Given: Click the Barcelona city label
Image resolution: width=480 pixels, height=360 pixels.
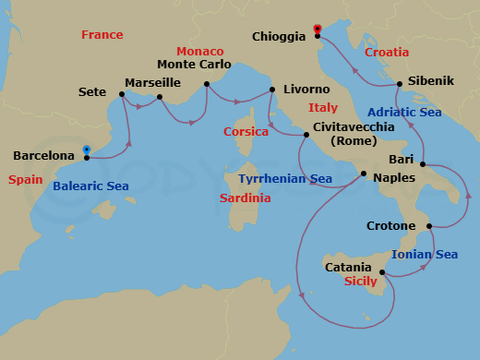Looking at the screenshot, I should (x=43, y=156).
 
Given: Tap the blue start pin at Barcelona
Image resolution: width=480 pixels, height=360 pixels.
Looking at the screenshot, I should (x=86, y=149).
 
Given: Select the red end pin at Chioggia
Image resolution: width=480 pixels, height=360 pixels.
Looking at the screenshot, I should (x=317, y=29).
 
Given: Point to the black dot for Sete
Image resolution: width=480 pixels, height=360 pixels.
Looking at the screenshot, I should (x=122, y=93).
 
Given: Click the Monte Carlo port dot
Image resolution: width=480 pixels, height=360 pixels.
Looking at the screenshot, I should (x=207, y=84).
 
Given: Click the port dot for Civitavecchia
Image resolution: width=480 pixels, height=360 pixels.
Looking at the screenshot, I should (x=306, y=136).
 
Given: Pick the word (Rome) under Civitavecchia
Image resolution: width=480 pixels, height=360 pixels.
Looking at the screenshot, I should (x=346, y=141).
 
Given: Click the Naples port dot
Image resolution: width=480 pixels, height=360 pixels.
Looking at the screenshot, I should (x=364, y=174).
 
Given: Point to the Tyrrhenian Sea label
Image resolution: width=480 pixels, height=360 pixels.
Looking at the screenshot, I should (x=285, y=178).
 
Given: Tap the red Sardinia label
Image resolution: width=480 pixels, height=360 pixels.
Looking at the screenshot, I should (x=246, y=198).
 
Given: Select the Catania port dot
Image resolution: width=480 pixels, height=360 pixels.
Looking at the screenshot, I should (x=381, y=271).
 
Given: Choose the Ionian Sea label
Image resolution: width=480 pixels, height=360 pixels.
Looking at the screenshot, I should (x=425, y=255).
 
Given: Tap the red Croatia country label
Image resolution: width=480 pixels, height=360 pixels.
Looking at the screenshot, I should (x=387, y=53).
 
